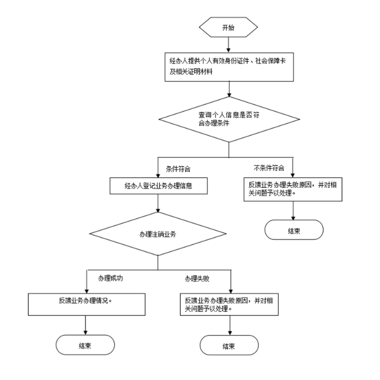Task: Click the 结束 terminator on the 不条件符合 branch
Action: pos(294,230)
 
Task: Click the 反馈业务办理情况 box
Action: pos(87,303)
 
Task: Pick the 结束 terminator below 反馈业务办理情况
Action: pos(86,345)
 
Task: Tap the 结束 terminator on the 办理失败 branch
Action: pos(229,345)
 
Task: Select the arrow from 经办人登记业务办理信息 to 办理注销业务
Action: pos(157,205)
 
